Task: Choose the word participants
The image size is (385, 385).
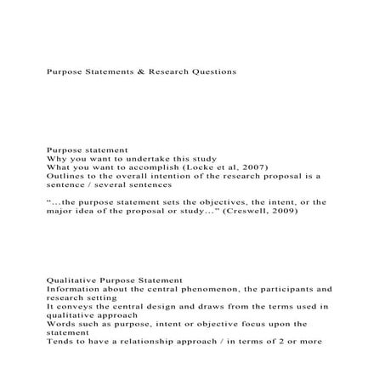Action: (x=279, y=288)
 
